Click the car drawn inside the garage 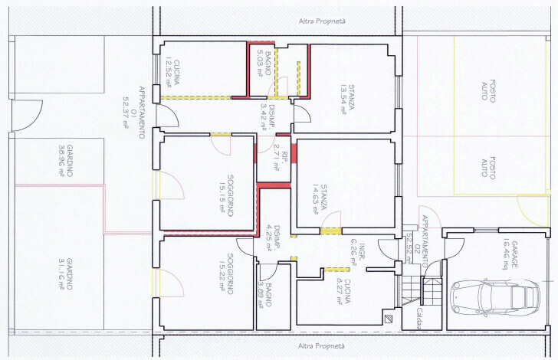(x=491, y=296)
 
